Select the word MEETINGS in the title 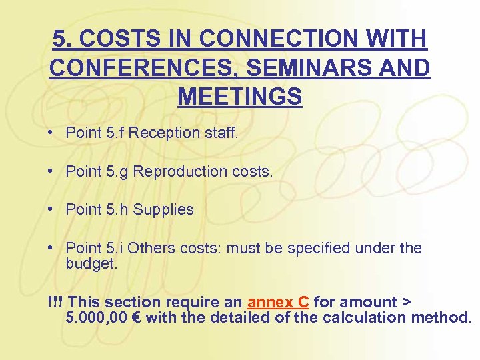(x=240, y=97)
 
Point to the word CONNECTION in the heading (x=267, y=39)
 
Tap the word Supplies (x=163, y=209)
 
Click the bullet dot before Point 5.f (x=51, y=133)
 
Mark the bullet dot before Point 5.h (x=51, y=209)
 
